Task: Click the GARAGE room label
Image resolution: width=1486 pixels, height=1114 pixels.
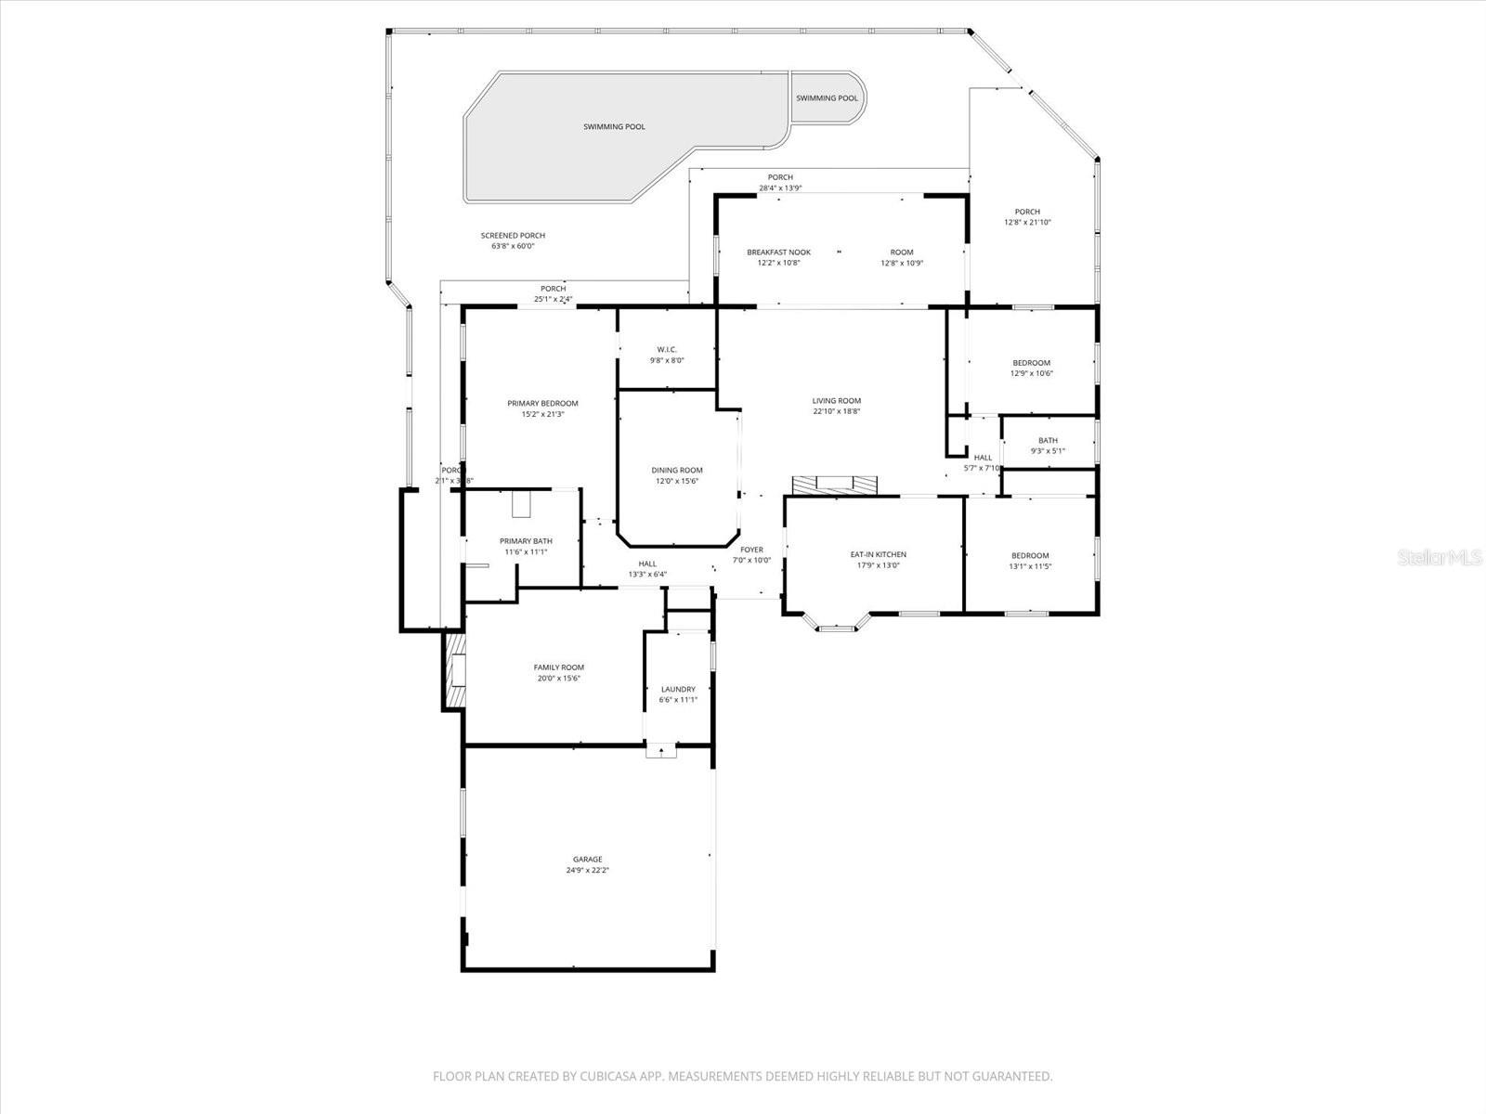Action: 587,860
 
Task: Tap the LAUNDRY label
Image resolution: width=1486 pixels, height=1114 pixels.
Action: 678,689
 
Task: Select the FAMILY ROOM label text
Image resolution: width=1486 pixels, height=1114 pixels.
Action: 559,667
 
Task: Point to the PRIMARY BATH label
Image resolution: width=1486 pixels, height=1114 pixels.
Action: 526,541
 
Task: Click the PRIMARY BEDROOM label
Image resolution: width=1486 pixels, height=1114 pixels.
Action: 542,403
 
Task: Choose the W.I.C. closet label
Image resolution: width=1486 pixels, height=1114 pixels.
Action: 667,350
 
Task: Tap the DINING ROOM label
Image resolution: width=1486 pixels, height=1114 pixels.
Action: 677,471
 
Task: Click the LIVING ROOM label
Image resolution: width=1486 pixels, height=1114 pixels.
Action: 837,401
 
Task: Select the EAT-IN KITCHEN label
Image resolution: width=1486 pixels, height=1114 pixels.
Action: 879,554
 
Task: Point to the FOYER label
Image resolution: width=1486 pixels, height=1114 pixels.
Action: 751,550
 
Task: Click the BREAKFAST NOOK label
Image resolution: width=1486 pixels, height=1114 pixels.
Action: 778,253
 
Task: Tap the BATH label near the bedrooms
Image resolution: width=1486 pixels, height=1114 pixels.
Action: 1048,441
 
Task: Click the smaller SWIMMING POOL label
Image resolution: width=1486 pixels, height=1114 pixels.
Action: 827,97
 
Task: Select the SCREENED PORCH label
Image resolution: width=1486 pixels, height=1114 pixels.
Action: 513,236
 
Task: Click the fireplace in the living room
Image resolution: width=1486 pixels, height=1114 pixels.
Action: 834,486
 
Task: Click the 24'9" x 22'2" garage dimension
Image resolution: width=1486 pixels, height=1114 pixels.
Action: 587,871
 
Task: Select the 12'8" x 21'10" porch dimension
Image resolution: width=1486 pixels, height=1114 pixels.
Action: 1027,223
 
